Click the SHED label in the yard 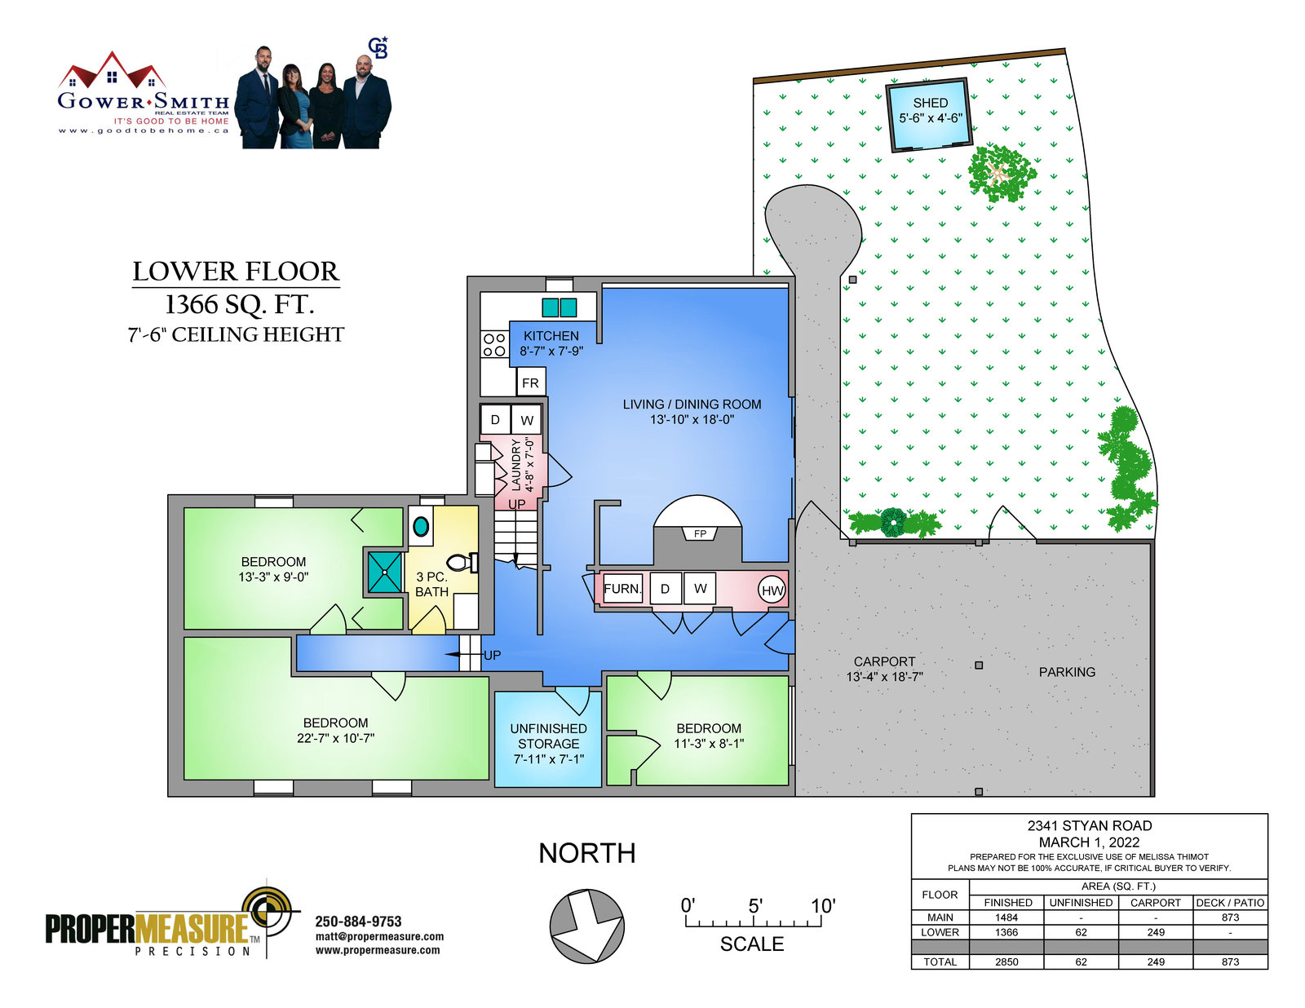point(930,103)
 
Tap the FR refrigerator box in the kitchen point(530,382)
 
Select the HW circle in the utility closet point(772,590)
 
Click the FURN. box point(623,588)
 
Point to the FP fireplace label point(700,533)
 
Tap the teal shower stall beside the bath point(384,573)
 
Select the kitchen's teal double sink point(560,307)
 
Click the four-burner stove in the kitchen point(494,345)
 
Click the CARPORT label point(884,661)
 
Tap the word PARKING point(1067,672)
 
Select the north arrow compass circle point(586,926)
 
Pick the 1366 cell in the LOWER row point(1006,932)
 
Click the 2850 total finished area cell point(1006,962)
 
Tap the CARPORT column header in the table point(1155,902)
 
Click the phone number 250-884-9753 point(358,921)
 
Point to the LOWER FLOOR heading point(236,272)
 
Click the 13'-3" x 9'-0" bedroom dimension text point(273,577)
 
